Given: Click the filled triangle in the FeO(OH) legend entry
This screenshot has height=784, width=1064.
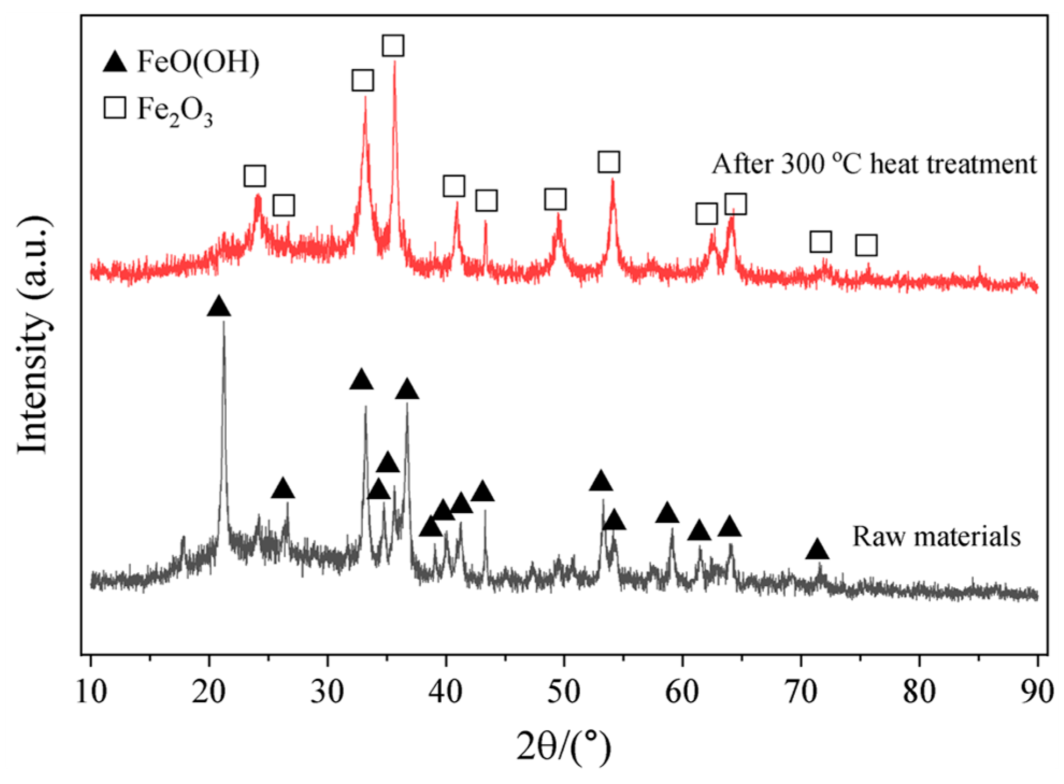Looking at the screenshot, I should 114,62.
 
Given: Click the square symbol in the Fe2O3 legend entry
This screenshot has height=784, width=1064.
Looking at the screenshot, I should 114,107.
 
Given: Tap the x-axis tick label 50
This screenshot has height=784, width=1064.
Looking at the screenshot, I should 564,692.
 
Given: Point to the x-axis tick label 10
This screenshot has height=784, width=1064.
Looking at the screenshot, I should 91,692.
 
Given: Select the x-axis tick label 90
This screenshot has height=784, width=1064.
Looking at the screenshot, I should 1037,692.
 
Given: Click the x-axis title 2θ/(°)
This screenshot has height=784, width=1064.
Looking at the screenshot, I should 564,746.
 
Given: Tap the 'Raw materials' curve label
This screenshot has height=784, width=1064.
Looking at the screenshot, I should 936,536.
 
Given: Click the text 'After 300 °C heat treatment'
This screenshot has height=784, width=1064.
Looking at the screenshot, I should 874,163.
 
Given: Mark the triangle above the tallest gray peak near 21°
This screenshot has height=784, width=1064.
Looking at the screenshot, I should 219,307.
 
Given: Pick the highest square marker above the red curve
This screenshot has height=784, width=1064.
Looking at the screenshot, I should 393,46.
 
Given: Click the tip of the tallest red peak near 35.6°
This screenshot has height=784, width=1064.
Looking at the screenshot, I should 395,62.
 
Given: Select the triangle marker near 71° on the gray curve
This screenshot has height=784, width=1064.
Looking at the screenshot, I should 817,550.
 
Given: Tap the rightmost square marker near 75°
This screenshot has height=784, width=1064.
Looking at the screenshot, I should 866,245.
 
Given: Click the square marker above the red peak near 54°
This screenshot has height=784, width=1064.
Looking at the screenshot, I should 609,162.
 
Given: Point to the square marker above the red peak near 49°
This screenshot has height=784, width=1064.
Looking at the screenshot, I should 555,199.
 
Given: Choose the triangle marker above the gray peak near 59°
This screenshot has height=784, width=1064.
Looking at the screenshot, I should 667,514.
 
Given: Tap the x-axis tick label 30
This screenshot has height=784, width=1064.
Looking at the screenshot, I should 327,692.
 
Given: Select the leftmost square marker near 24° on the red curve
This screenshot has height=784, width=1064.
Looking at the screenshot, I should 255,176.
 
